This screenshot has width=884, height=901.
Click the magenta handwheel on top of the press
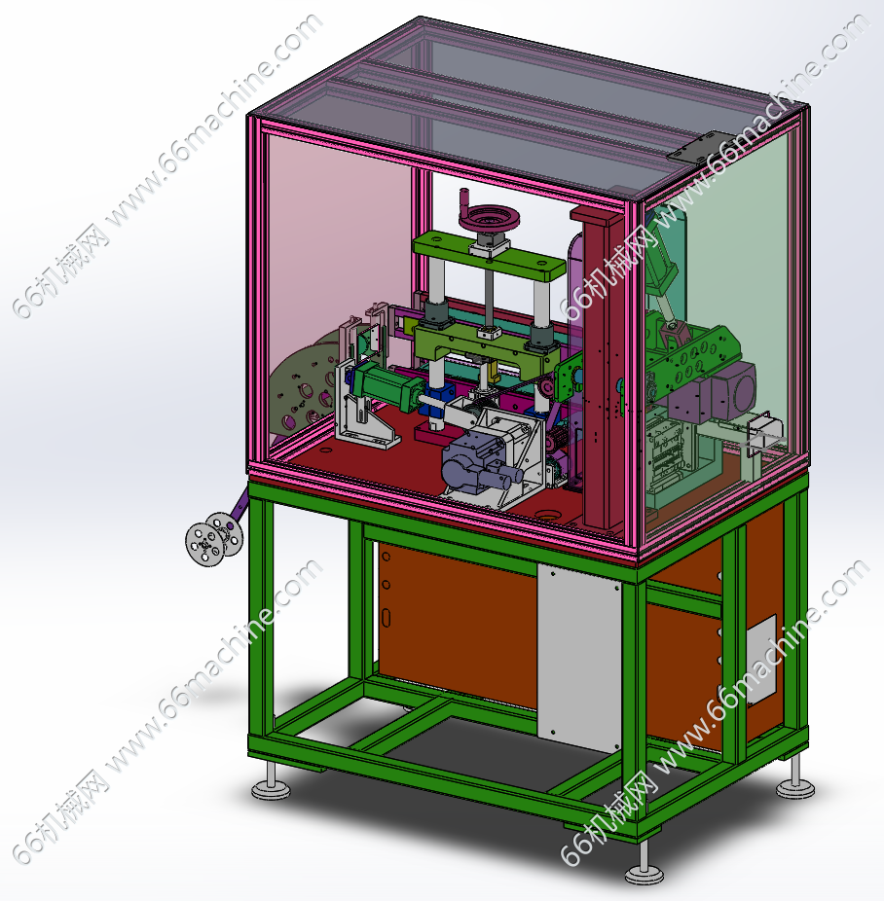489,218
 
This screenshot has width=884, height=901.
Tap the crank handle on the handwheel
464,200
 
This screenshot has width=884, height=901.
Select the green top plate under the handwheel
489,256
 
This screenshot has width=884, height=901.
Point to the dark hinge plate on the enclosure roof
698,147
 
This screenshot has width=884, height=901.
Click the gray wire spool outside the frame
214,539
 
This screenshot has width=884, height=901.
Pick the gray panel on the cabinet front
579,658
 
